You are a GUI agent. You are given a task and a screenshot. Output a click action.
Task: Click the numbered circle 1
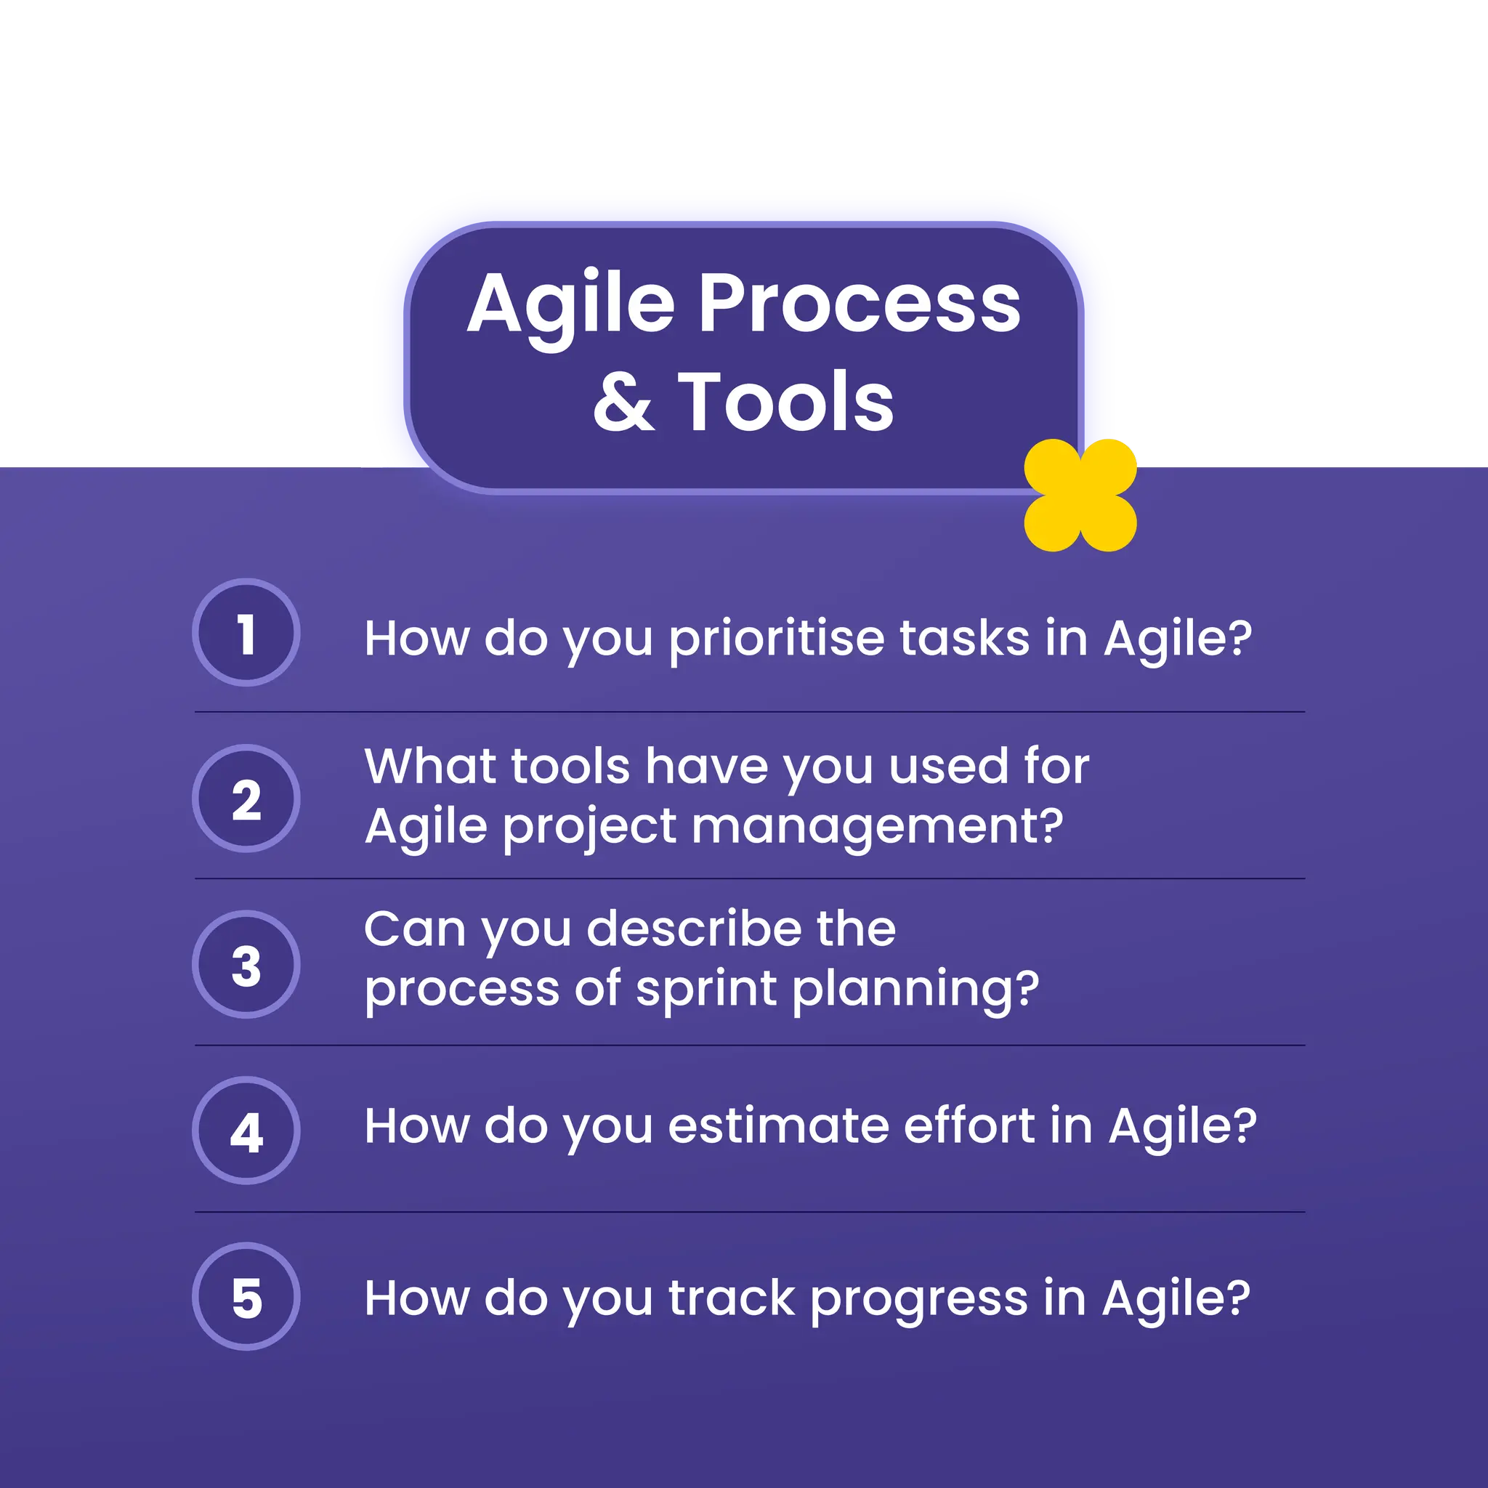coord(246,632)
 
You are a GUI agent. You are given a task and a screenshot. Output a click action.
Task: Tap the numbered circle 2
coord(246,798)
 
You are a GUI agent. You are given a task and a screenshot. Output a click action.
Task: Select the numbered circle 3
coord(246,964)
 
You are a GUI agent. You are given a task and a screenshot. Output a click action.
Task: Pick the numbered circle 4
coord(246,1130)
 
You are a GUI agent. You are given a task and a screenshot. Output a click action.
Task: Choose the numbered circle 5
coord(246,1296)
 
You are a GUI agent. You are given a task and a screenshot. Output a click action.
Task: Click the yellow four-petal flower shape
coord(1080,496)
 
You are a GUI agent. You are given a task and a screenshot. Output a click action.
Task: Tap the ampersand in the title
coord(624,402)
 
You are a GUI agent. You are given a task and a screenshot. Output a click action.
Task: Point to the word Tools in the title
coord(785,402)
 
